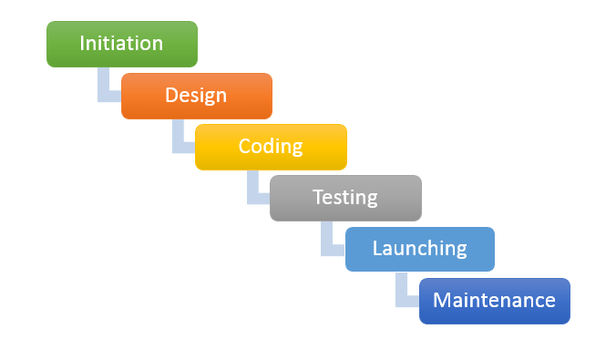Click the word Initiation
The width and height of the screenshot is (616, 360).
(x=121, y=43)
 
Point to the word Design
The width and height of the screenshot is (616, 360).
(x=196, y=95)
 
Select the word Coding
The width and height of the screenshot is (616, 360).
(x=271, y=146)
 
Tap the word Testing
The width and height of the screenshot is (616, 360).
(x=345, y=197)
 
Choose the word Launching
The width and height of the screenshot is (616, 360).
(x=419, y=248)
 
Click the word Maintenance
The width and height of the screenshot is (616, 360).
(x=494, y=300)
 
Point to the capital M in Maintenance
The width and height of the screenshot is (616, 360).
(x=441, y=300)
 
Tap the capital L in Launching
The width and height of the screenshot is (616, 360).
(x=378, y=248)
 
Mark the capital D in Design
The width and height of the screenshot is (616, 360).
(x=171, y=95)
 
